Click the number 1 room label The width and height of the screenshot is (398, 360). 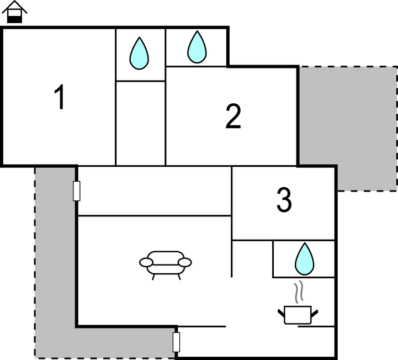60,97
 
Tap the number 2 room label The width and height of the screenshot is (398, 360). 234,117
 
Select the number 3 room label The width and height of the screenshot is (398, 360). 284,199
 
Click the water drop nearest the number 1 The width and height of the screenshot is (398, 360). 139,54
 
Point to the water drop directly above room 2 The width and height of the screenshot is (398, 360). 197,47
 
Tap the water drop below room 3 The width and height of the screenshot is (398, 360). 305,259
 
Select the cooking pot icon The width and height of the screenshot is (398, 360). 298,315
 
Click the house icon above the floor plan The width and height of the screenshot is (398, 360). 14,12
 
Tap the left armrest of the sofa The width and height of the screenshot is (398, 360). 146,262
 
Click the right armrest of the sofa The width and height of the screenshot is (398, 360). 185,262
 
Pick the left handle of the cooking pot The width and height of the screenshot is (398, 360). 281,313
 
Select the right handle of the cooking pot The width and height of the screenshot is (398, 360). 315,313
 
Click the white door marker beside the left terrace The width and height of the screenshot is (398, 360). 76,191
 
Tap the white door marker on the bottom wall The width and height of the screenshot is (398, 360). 176,342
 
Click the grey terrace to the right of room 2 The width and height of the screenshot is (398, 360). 348,128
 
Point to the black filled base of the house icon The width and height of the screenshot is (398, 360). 14,19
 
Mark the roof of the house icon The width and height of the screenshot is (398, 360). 14,7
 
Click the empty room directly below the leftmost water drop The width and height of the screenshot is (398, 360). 140,123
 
